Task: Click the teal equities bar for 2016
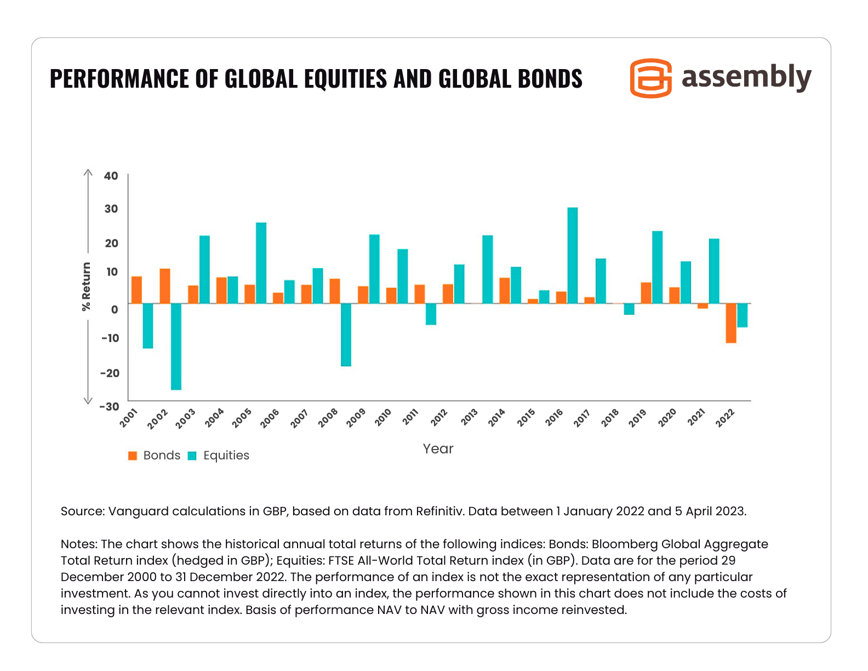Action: [572, 255]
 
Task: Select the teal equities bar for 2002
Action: [176, 346]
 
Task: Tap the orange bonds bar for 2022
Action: [731, 323]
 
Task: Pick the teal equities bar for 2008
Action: [346, 334]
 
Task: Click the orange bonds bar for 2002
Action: [165, 286]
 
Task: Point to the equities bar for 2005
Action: [261, 263]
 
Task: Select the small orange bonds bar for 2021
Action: [703, 306]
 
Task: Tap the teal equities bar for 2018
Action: [629, 309]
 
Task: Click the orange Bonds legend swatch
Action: [132, 456]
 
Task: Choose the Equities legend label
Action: [226, 456]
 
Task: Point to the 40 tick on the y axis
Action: [111, 176]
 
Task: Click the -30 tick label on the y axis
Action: [109, 406]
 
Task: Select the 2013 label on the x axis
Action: [469, 417]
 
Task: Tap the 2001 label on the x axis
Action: [129, 417]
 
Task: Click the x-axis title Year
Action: [438, 449]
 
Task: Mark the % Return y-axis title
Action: [86, 287]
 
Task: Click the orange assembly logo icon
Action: [650, 78]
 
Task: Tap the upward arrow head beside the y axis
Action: [88, 172]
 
